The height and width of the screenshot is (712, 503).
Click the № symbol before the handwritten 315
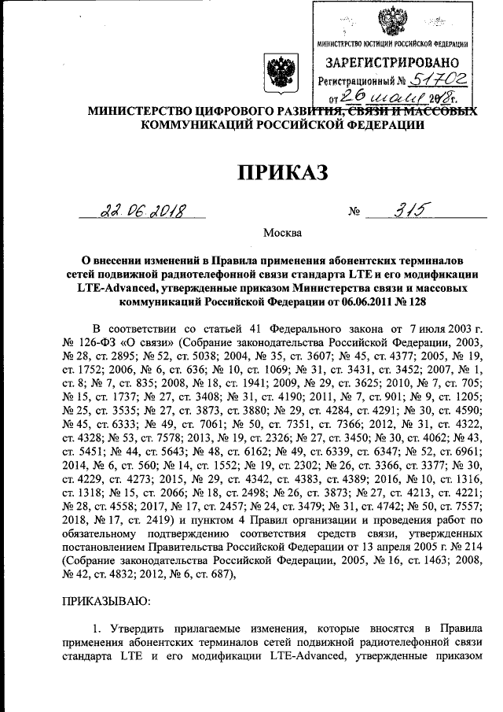(x=353, y=212)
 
